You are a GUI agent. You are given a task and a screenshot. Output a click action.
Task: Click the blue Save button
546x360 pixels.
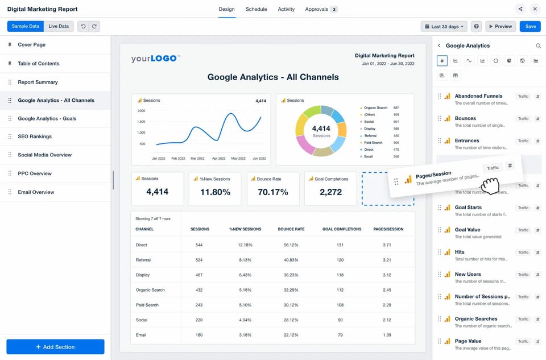tap(531, 26)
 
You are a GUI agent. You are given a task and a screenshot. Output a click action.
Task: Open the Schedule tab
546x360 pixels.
tap(256, 9)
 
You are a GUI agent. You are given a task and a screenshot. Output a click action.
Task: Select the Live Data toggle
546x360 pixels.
tap(59, 26)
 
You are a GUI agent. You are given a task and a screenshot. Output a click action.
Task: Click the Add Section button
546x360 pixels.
tap(55, 347)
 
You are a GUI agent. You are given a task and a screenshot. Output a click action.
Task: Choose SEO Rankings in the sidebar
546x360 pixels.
tap(35, 136)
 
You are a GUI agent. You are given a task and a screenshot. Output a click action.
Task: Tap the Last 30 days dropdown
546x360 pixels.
tap(444, 26)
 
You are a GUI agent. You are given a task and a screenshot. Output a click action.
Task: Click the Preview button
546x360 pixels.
tap(500, 26)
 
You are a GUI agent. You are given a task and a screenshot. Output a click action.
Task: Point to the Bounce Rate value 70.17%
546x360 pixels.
tap(273, 192)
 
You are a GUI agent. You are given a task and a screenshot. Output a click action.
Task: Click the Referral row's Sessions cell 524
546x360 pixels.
tap(199, 260)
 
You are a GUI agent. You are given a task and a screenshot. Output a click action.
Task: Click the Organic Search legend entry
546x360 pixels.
tap(375, 107)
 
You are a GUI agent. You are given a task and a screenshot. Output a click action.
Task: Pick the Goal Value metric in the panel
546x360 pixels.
tap(468, 230)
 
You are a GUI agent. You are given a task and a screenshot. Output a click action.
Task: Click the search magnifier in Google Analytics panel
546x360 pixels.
tap(538, 45)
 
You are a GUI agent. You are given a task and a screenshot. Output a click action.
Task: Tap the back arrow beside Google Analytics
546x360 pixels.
tap(439, 45)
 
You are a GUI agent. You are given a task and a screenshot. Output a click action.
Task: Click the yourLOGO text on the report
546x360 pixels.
tap(155, 59)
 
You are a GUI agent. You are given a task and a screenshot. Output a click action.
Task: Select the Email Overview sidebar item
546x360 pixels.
tap(36, 192)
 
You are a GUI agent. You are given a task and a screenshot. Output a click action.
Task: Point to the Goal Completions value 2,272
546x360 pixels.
tap(330, 192)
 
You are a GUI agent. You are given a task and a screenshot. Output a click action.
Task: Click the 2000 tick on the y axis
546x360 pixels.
tap(141, 111)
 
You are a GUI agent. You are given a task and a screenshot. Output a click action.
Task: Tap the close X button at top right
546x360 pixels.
tap(535, 9)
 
